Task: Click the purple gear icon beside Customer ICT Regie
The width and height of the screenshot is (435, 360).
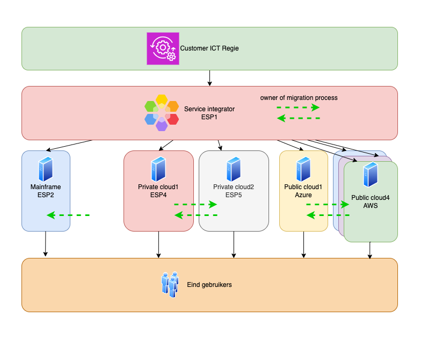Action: [x=163, y=48]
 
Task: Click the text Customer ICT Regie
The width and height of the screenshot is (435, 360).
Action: [x=209, y=48]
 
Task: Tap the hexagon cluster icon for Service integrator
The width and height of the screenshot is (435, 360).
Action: [x=162, y=113]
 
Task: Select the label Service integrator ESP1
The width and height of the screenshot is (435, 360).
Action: [x=209, y=113]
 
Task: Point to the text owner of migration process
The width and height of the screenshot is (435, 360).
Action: [x=299, y=98]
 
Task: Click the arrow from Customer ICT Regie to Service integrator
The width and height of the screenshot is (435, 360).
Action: [x=209, y=78]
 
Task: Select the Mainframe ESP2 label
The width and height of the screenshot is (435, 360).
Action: [x=46, y=191]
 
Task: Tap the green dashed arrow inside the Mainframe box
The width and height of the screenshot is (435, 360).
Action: [x=68, y=215]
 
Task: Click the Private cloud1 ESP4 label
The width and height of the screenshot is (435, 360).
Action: [x=158, y=191]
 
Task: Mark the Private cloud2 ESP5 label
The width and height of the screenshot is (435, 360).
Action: [x=234, y=191]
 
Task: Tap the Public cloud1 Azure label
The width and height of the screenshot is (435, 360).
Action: [x=303, y=191]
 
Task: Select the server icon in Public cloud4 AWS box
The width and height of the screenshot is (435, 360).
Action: [x=371, y=175]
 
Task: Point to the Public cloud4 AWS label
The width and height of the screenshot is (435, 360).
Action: [x=371, y=201]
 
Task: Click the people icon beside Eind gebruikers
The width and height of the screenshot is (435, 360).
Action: [x=171, y=284]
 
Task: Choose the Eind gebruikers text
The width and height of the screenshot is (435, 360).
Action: [x=209, y=285]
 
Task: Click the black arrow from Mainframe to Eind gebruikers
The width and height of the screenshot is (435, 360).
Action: [x=46, y=244]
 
